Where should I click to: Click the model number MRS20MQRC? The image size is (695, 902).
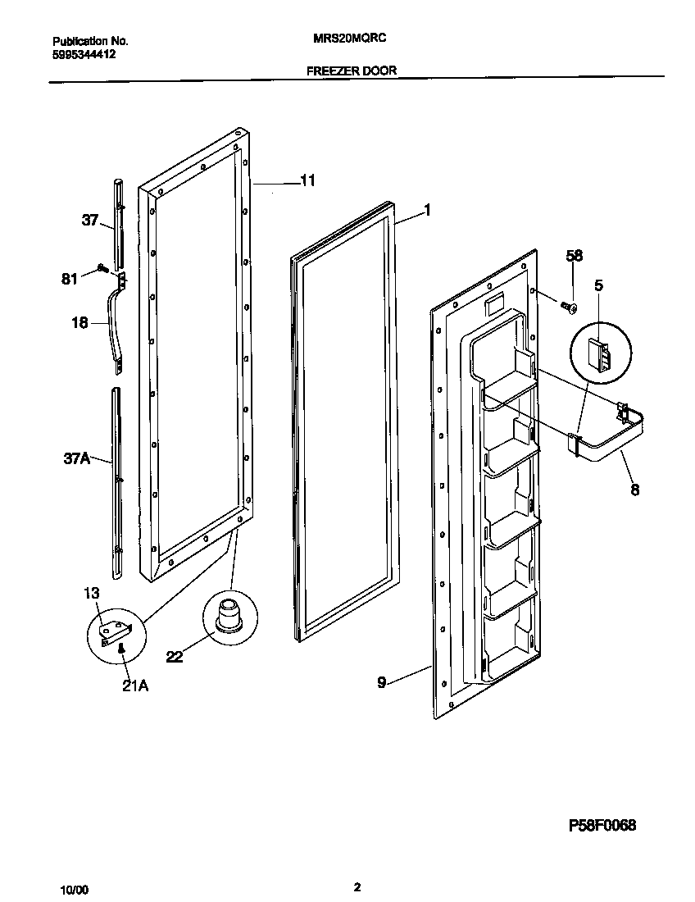(x=352, y=39)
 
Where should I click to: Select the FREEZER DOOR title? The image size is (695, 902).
(x=352, y=71)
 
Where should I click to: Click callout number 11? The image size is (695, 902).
(x=307, y=181)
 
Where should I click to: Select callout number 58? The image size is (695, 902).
(x=575, y=257)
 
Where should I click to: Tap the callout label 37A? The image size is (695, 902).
(x=78, y=458)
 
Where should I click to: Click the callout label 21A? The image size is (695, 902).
(x=135, y=686)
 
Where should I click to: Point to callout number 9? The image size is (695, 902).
(x=381, y=680)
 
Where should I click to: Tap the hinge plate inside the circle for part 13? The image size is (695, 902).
(x=114, y=631)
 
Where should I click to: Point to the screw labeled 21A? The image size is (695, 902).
(x=121, y=650)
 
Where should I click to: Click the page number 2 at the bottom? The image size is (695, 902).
(x=357, y=886)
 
